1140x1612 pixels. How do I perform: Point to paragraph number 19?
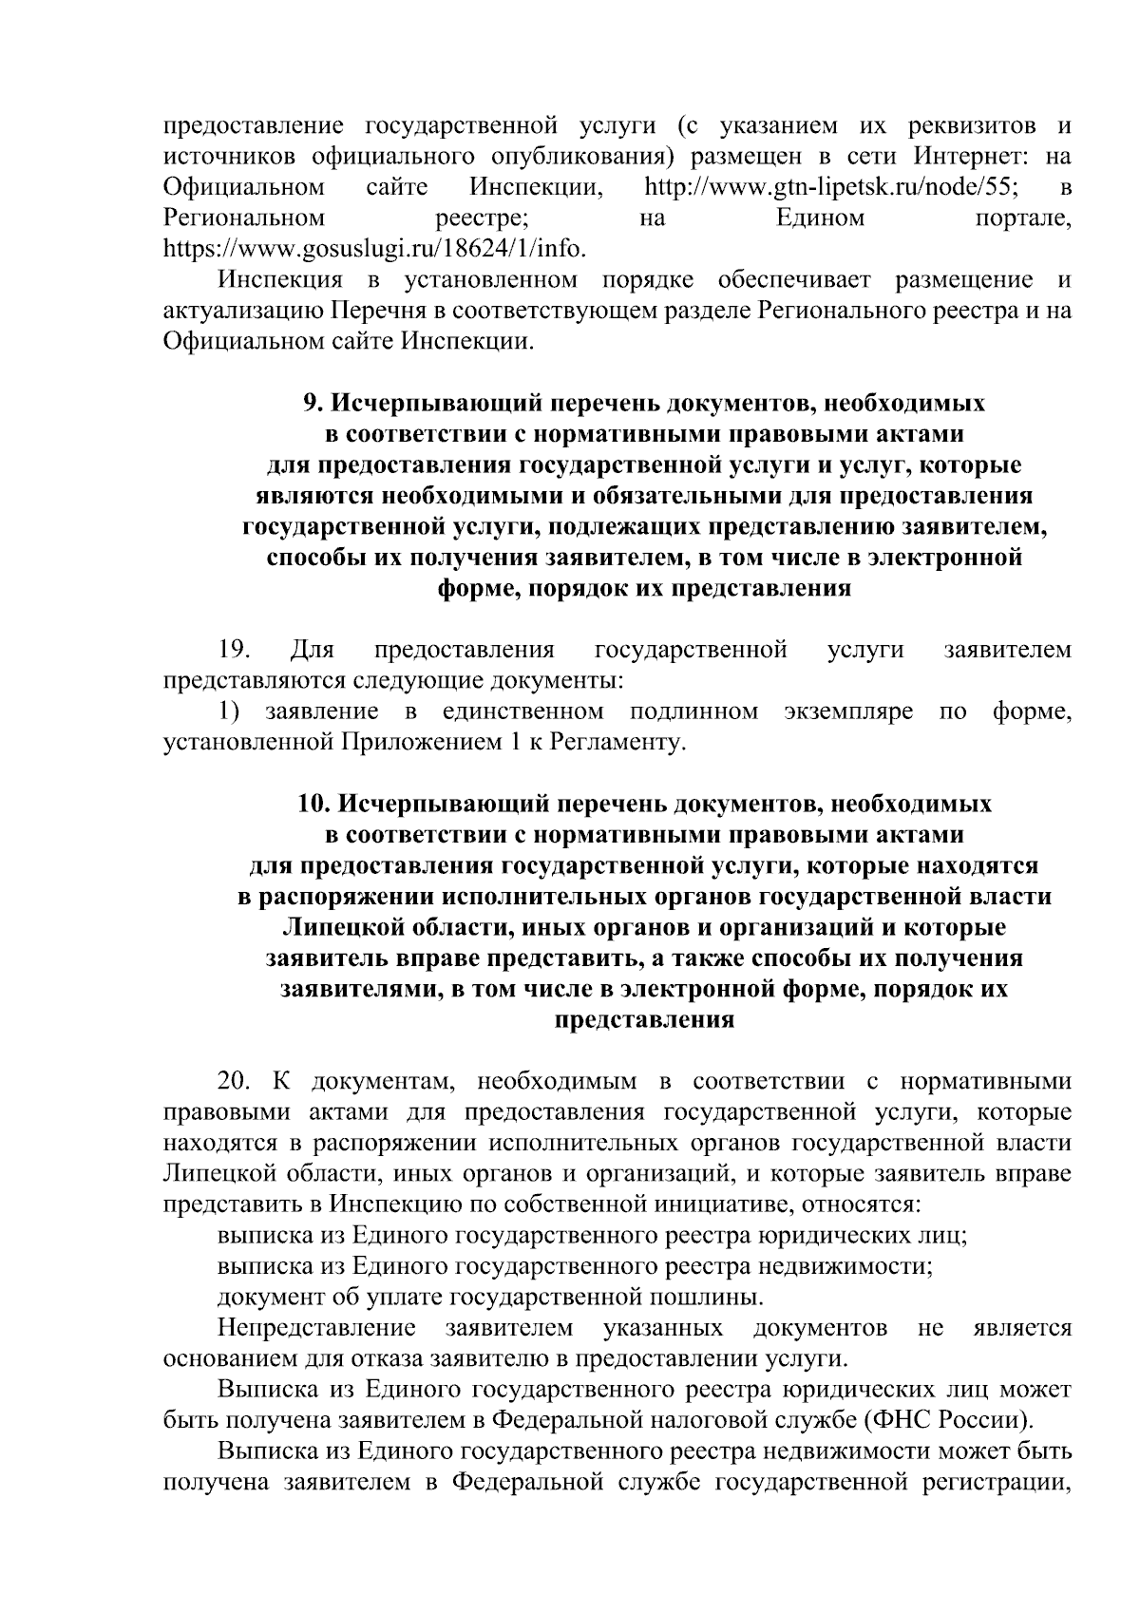233,650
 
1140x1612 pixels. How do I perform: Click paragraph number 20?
233,1081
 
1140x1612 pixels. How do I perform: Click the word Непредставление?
316,1328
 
